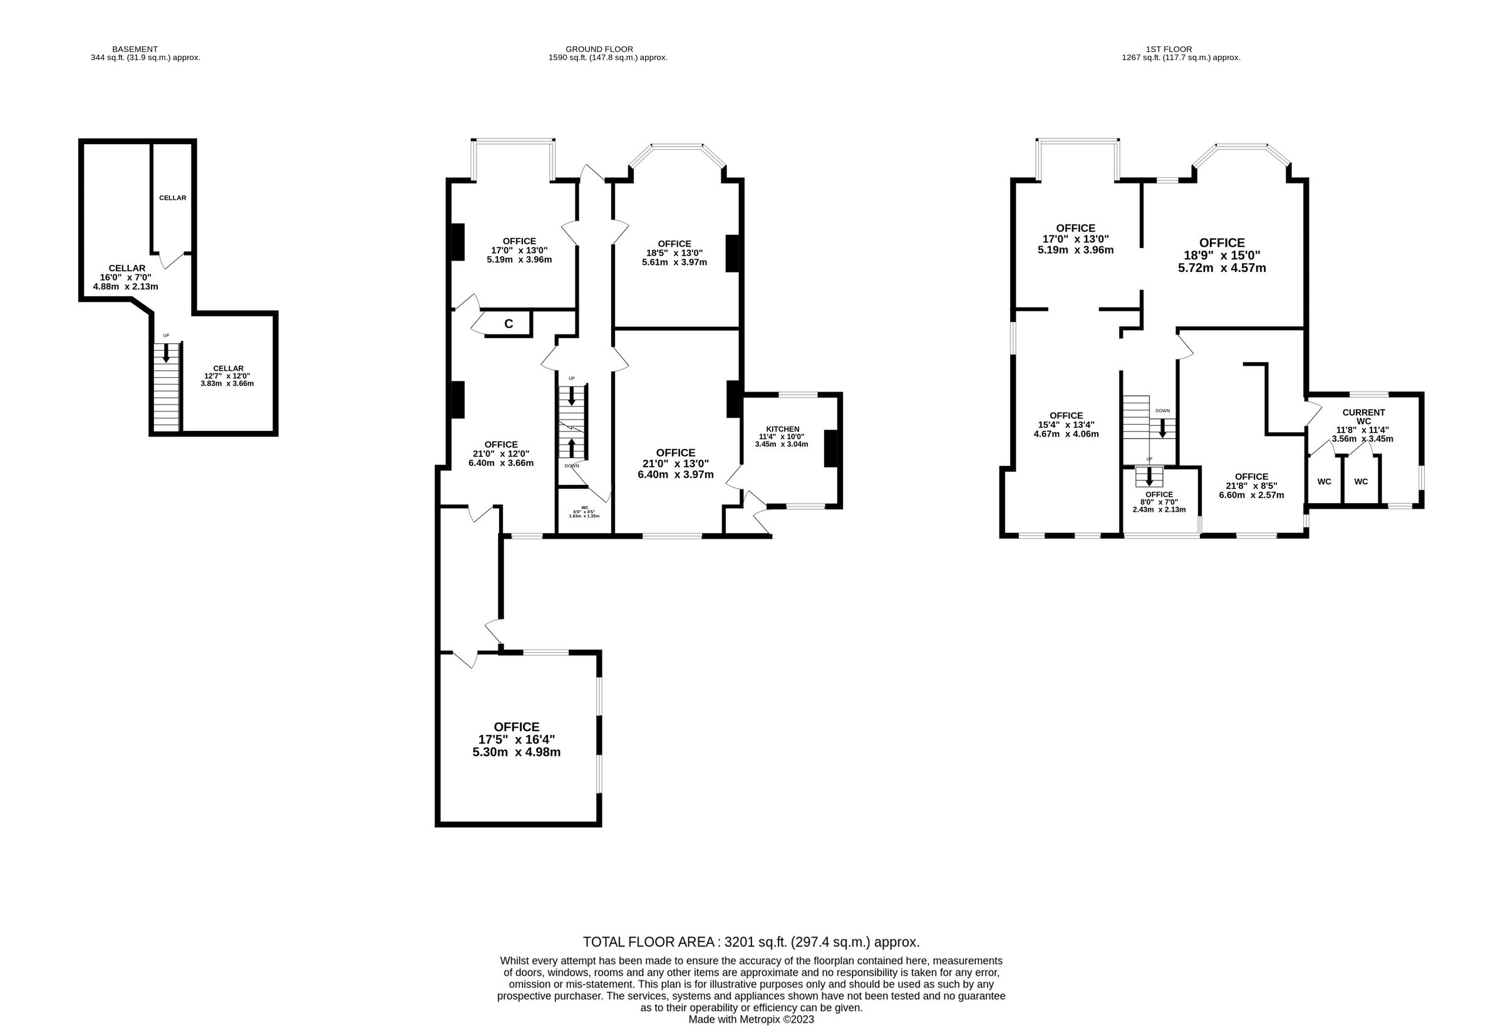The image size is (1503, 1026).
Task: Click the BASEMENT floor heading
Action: point(135,49)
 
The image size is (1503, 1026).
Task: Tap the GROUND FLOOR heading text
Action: point(599,49)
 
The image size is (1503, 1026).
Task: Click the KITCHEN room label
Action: point(782,429)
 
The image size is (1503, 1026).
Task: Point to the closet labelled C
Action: point(509,324)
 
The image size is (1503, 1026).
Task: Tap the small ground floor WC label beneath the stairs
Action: point(585,508)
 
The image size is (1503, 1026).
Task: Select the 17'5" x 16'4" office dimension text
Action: point(516,739)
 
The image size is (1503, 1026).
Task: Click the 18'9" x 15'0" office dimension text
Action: point(1222,256)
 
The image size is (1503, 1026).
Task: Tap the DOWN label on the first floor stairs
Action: point(1162,411)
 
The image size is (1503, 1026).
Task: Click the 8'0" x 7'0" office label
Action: point(1159,502)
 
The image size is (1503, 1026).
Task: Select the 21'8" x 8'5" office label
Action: point(1251,486)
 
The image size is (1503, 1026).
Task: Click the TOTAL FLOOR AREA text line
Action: point(751,942)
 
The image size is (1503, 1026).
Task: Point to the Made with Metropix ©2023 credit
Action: point(751,1020)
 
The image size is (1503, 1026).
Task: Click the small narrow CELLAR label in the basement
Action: point(173,198)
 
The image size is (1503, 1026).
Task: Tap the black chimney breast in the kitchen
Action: point(830,448)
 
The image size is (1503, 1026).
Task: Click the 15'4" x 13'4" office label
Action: point(1066,425)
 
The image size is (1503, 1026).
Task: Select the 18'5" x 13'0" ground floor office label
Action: point(674,253)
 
